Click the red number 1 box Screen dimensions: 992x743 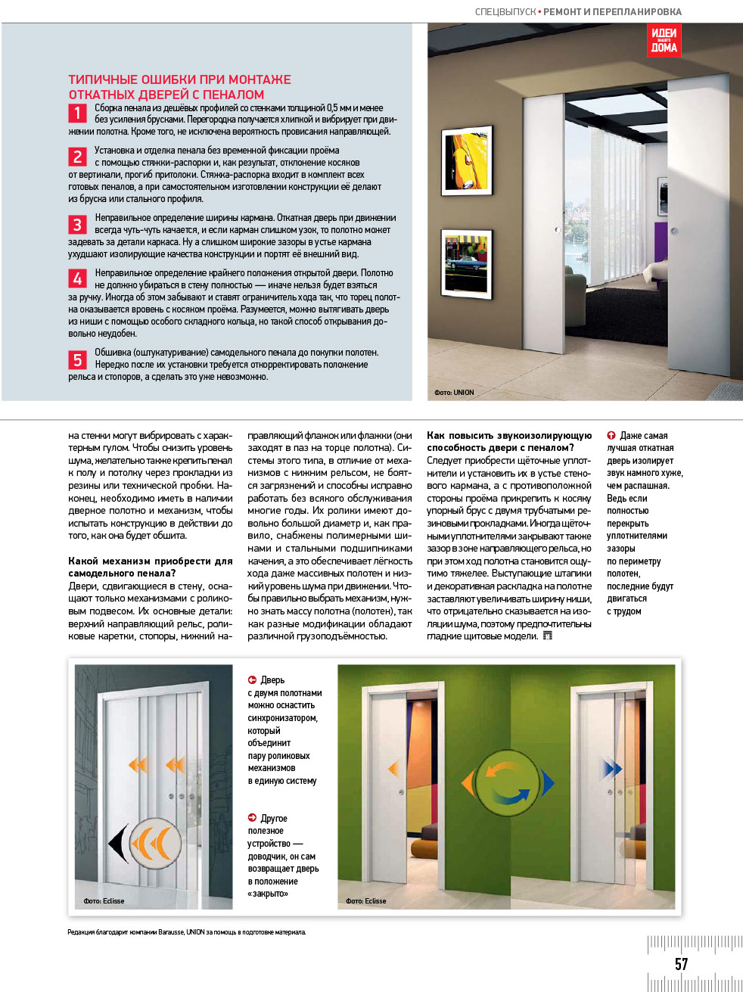click(x=77, y=114)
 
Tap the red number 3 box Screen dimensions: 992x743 click(x=77, y=225)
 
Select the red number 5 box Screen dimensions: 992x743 click(x=77, y=359)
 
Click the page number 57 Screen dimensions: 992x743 click(x=681, y=964)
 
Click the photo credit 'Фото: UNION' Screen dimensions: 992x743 click(x=454, y=393)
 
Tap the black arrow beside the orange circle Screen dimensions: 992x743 click(x=117, y=843)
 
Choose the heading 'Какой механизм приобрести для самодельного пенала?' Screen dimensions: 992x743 click(x=150, y=567)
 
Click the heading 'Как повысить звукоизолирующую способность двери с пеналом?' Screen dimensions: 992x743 click(x=508, y=441)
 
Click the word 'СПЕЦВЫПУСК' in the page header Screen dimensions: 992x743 click(x=505, y=12)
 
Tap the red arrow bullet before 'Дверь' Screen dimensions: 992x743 click(x=252, y=679)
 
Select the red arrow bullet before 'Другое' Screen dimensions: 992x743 click(x=252, y=818)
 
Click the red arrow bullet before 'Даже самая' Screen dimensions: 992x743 click(x=611, y=435)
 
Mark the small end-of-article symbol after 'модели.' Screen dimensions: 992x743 click(x=548, y=636)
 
